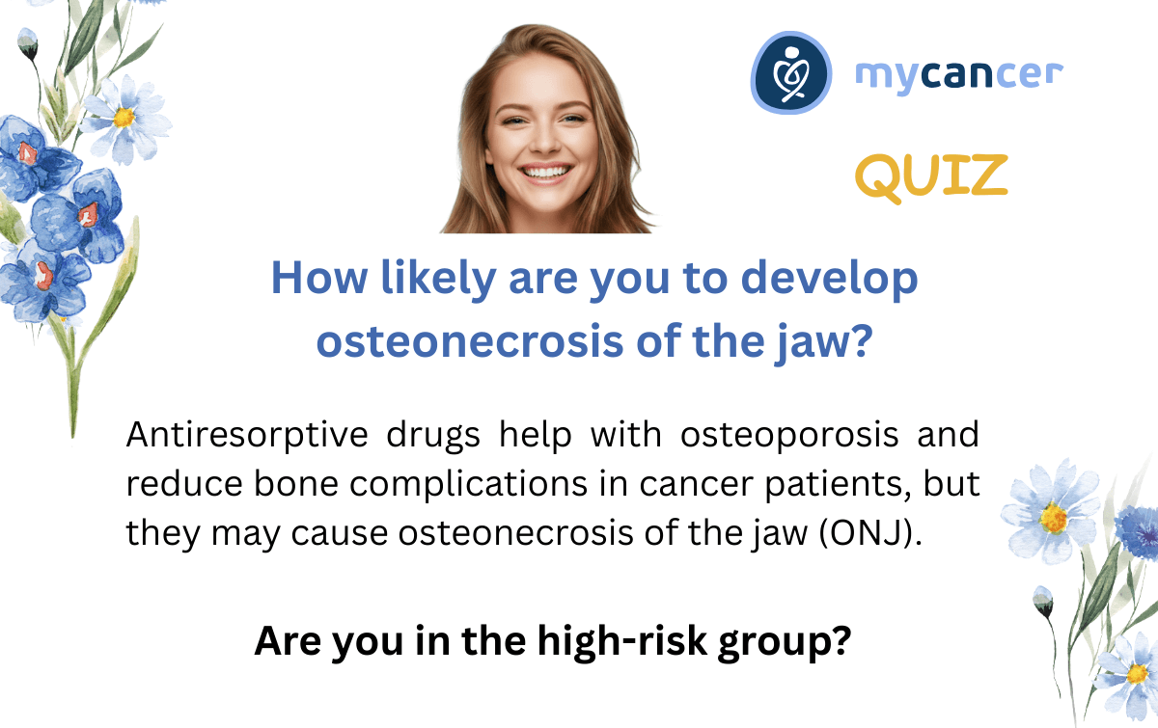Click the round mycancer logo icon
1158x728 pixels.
pyautogui.click(x=791, y=72)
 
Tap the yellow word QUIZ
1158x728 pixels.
pyautogui.click(x=931, y=177)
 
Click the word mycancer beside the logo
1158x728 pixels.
pyautogui.click(x=959, y=76)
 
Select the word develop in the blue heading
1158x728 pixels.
pyautogui.click(x=829, y=280)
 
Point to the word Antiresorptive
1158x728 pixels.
pyautogui.click(x=247, y=436)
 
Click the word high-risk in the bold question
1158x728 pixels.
pyautogui.click(x=621, y=640)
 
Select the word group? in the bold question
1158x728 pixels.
pyautogui.click(x=784, y=643)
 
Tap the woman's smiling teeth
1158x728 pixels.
pyautogui.click(x=544, y=172)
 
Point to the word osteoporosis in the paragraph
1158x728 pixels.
pyautogui.click(x=789, y=436)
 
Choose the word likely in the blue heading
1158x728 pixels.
pyautogui.click(x=438, y=280)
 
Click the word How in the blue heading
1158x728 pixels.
pyautogui.click(x=319, y=278)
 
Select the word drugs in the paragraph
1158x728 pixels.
pyautogui.click(x=433, y=436)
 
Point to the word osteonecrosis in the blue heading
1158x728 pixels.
pyautogui.click(x=470, y=341)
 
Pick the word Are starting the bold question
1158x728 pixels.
pyautogui.click(x=288, y=640)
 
